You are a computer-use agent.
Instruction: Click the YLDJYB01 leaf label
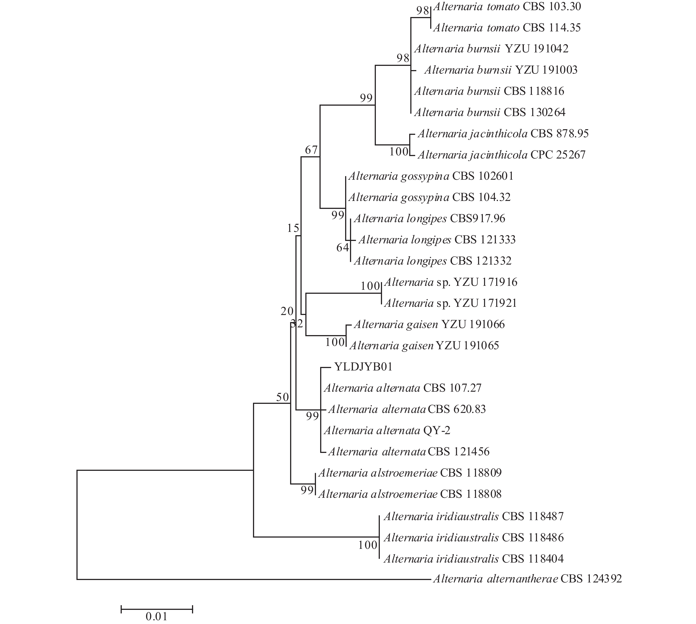[x=363, y=367]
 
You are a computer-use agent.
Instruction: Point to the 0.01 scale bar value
[x=157, y=616]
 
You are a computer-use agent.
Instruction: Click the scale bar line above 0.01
[x=157, y=609]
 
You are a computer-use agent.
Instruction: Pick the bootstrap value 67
[x=311, y=150]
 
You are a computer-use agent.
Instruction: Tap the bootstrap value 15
[x=293, y=228]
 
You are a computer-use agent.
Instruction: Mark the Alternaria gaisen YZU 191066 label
[x=429, y=324]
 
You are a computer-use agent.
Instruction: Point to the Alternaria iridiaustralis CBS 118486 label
[x=474, y=537]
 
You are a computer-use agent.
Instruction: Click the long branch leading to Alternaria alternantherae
[x=254, y=579]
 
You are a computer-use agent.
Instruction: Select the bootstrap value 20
[x=287, y=311]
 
